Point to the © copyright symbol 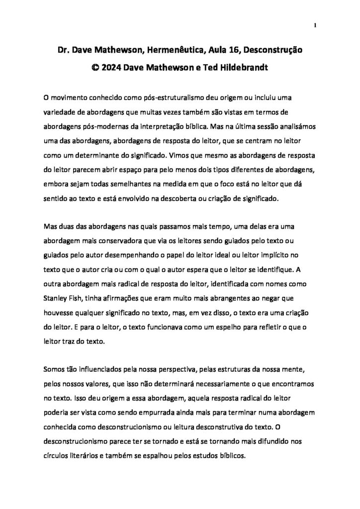(x=94, y=68)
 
